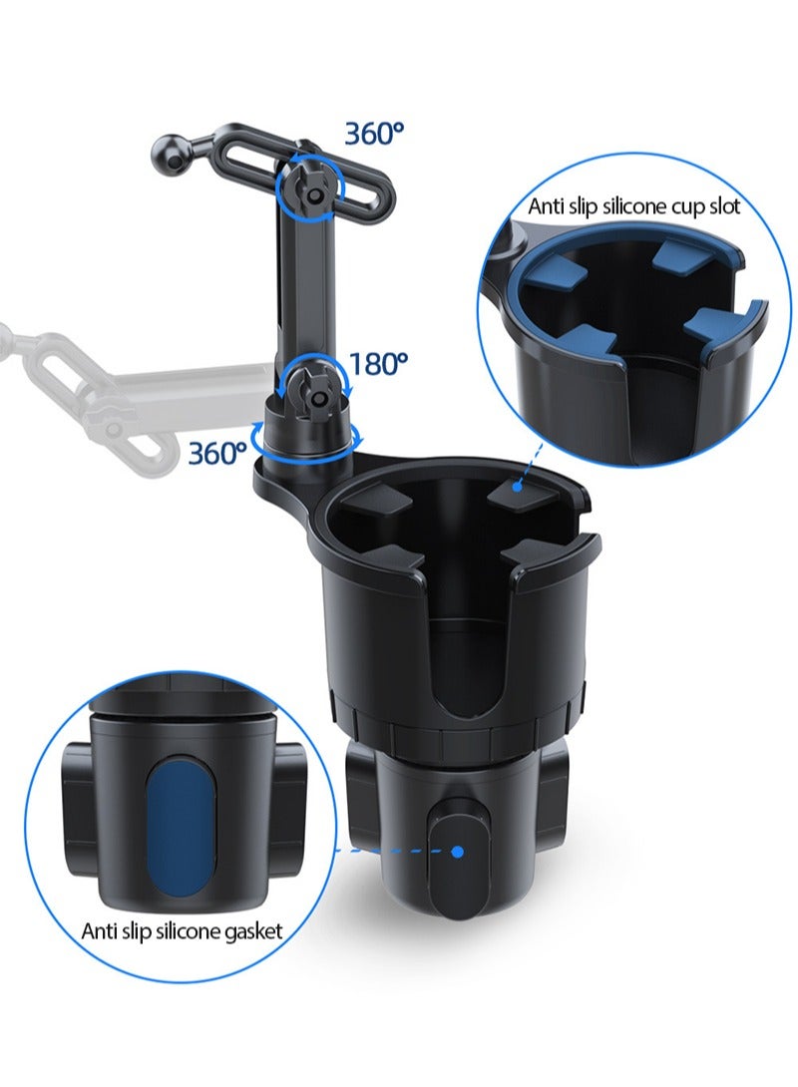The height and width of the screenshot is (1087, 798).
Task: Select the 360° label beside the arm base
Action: [217, 453]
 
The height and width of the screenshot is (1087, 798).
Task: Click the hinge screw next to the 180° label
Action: [318, 397]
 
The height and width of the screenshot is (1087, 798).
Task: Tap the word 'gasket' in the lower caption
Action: [249, 930]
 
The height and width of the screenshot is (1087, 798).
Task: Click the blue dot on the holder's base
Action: [458, 851]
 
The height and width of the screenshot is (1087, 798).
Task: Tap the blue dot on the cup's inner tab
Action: [518, 485]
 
